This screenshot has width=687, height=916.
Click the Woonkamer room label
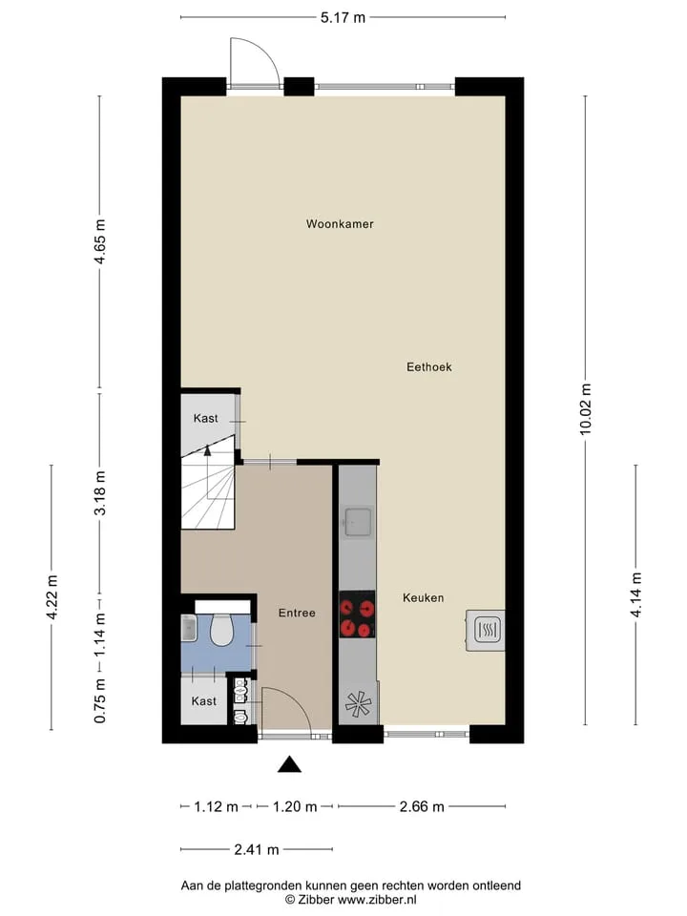tap(340, 223)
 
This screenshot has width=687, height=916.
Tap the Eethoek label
tap(428, 366)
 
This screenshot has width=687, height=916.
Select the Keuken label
tap(423, 597)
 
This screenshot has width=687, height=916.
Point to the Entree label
tap(297, 613)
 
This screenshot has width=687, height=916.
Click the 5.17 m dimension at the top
tap(343, 17)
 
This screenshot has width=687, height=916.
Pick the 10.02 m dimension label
tap(585, 408)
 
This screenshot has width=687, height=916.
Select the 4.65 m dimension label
tap(100, 241)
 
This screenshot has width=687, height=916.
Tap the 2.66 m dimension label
tap(422, 807)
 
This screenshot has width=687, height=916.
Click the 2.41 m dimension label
tap(257, 849)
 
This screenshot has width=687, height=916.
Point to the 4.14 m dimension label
tap(635, 594)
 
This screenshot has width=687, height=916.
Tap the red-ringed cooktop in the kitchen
tap(357, 614)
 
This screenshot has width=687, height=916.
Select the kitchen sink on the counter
tap(358, 521)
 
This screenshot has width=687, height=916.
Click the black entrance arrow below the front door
tap(289, 764)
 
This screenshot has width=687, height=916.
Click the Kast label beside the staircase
tap(206, 418)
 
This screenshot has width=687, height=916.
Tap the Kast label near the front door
tap(204, 701)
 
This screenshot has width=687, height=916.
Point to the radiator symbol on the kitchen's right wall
tap(486, 630)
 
